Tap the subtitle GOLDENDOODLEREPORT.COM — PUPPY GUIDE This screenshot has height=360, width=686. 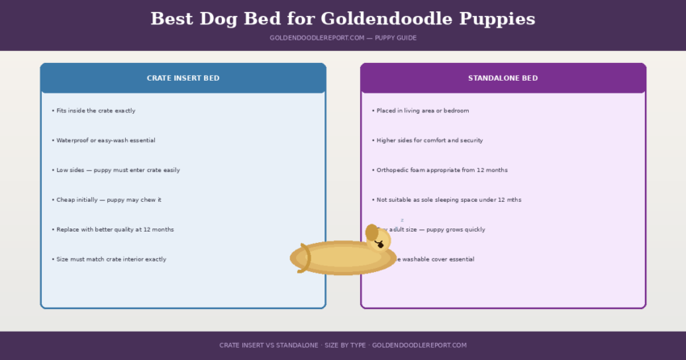[x=343, y=38]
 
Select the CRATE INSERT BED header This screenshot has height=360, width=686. [x=183, y=78]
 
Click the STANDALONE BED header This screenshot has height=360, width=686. [x=503, y=78]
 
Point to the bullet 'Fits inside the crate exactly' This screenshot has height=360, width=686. [x=94, y=111]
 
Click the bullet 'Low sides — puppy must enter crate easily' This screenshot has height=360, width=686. [x=116, y=170]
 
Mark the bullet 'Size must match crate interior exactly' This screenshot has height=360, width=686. [x=110, y=259]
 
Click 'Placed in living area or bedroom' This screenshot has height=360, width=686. [x=421, y=111]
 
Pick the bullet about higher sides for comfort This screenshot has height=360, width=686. [x=429, y=140]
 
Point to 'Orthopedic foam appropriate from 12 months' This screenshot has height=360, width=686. [x=441, y=170]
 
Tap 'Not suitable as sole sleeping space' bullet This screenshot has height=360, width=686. [x=447, y=199]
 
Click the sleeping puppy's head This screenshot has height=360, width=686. [x=379, y=239]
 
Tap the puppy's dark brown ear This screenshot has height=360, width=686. [x=371, y=232]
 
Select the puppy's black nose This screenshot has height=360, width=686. [x=380, y=245]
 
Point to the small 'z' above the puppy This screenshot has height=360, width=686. [x=402, y=220]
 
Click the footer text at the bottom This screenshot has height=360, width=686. [x=343, y=345]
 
